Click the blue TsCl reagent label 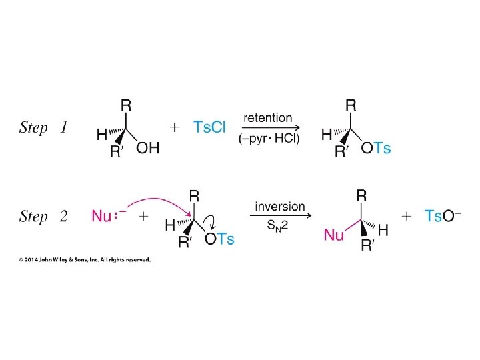[210, 127]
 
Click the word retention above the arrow [268, 117]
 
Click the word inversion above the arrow [280, 206]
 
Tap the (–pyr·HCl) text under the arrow [269, 139]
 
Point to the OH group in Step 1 [147, 148]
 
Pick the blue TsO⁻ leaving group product [443, 216]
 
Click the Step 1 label [43, 127]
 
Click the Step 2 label [43, 217]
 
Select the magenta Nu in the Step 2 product [334, 234]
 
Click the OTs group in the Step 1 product [376, 148]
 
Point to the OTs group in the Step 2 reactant [219, 238]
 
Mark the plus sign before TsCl [175, 127]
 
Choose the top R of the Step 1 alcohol [125, 105]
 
